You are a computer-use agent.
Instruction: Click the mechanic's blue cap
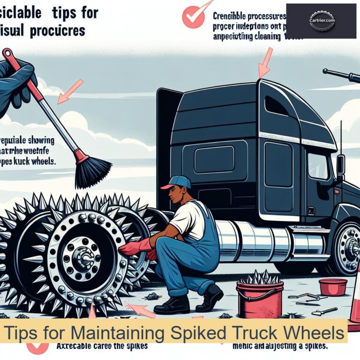point(177,182)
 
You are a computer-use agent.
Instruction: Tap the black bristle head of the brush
point(92,171)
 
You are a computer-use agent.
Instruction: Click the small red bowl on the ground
point(333,286)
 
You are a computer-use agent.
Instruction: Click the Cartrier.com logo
point(321,21)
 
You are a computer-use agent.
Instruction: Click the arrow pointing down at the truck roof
point(265,63)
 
